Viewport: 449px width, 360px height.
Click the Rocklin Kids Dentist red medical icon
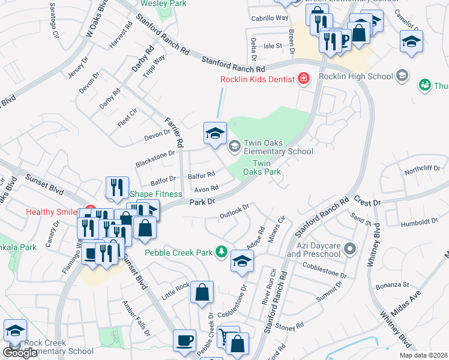(304, 79)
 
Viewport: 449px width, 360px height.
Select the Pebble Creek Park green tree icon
(222, 252)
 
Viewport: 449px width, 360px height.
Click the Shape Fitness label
(156, 194)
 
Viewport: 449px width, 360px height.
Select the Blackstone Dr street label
(155, 153)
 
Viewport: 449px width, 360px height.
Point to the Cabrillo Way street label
(270, 18)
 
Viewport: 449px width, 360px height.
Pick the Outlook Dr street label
(234, 211)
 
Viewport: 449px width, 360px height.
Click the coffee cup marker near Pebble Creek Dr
(184, 340)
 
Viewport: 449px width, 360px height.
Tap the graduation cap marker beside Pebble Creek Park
(242, 261)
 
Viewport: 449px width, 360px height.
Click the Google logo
(20, 353)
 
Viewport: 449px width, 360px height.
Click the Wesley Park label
(163, 4)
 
